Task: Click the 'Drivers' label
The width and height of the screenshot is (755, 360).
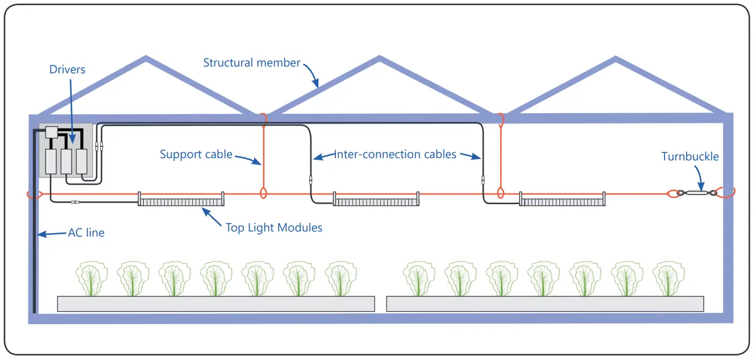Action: [x=67, y=70]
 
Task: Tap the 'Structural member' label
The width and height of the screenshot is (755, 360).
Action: [x=251, y=63]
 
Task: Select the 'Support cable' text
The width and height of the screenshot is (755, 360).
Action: [x=196, y=154]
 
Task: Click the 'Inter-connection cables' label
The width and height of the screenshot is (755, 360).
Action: [x=395, y=154]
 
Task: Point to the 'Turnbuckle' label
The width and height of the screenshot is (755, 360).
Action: [x=690, y=156]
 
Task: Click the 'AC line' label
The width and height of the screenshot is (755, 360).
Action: [x=86, y=233]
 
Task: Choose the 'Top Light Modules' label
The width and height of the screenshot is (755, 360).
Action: [x=274, y=227]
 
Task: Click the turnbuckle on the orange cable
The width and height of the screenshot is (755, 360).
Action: [x=696, y=193]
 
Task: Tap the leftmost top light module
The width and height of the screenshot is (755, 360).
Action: [x=181, y=199]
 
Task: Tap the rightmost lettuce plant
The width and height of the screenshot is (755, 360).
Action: [x=668, y=279]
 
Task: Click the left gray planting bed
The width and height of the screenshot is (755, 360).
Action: [x=215, y=304]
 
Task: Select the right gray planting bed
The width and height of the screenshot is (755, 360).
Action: [x=545, y=304]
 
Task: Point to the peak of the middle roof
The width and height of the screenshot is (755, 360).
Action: [x=379, y=59]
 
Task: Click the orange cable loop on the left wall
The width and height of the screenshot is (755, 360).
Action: [x=34, y=195]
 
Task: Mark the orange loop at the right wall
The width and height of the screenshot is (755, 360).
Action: [x=726, y=193]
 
